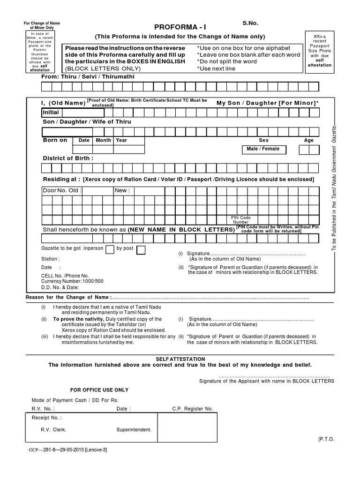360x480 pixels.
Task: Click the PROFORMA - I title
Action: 180,28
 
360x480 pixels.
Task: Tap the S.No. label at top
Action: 250,22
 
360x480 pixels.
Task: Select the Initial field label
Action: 51,112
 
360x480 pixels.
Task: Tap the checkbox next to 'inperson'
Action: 110,249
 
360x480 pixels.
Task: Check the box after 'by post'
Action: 141,249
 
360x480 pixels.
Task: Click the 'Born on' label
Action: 55,140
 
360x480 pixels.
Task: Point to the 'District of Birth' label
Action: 68,158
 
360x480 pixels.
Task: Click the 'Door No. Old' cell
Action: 62,191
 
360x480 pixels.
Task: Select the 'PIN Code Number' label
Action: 241,220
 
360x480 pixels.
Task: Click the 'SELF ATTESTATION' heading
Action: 180,359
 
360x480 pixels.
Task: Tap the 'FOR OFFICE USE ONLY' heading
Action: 99,390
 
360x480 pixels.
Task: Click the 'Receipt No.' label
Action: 46,417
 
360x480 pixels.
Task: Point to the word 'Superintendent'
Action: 134,429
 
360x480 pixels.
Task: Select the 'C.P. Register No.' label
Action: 192,409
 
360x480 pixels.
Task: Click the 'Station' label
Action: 50,259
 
